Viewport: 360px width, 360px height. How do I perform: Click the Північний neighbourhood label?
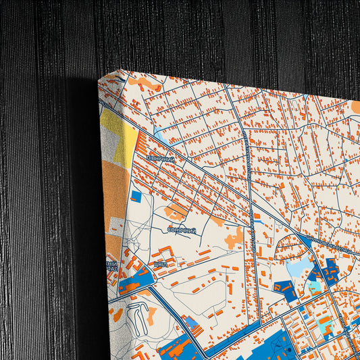[160, 159]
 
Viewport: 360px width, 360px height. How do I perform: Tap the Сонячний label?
[182, 230]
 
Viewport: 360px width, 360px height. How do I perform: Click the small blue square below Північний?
[136, 197]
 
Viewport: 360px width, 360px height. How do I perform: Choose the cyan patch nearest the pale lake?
[313, 287]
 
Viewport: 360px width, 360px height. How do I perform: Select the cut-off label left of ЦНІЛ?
[111, 265]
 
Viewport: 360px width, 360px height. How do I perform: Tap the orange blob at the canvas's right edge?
[355, 106]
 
